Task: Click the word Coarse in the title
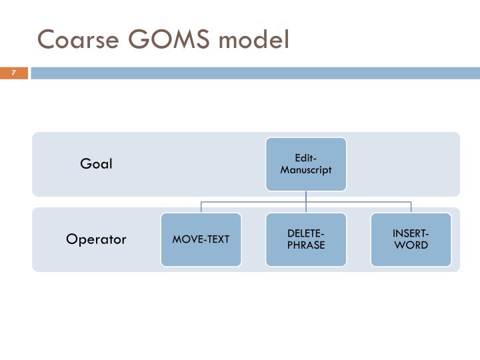click(x=73, y=40)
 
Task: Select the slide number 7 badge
click(x=13, y=73)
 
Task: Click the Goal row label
click(x=97, y=164)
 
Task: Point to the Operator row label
click(x=96, y=239)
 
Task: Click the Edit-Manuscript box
click(x=306, y=164)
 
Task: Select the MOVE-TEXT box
click(x=201, y=239)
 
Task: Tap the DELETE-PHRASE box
click(x=306, y=239)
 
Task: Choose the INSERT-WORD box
click(x=411, y=239)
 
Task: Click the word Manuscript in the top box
click(x=306, y=169)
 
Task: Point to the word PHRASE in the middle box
click(x=306, y=245)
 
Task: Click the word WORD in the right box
click(x=411, y=245)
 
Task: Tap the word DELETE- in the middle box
click(x=306, y=233)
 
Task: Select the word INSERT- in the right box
click(x=411, y=233)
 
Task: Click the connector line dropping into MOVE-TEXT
click(x=201, y=207)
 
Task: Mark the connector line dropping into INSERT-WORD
click(x=411, y=207)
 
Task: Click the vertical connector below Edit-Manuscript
click(x=306, y=196)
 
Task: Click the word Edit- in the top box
click(x=306, y=158)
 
